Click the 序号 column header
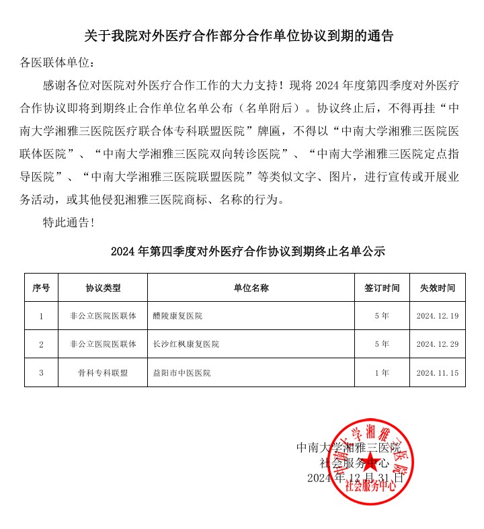click(41, 288)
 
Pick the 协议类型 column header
click(103, 288)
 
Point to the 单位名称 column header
click(251, 288)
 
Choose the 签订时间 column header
click(382, 288)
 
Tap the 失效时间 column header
click(438, 288)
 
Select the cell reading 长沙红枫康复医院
click(186, 344)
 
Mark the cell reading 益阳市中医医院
click(182, 372)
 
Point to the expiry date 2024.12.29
click(438, 344)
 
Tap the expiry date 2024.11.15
click(438, 372)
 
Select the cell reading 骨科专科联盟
click(103, 372)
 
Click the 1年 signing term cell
click(382, 372)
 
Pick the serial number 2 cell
click(41, 344)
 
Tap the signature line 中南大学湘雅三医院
click(348, 447)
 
